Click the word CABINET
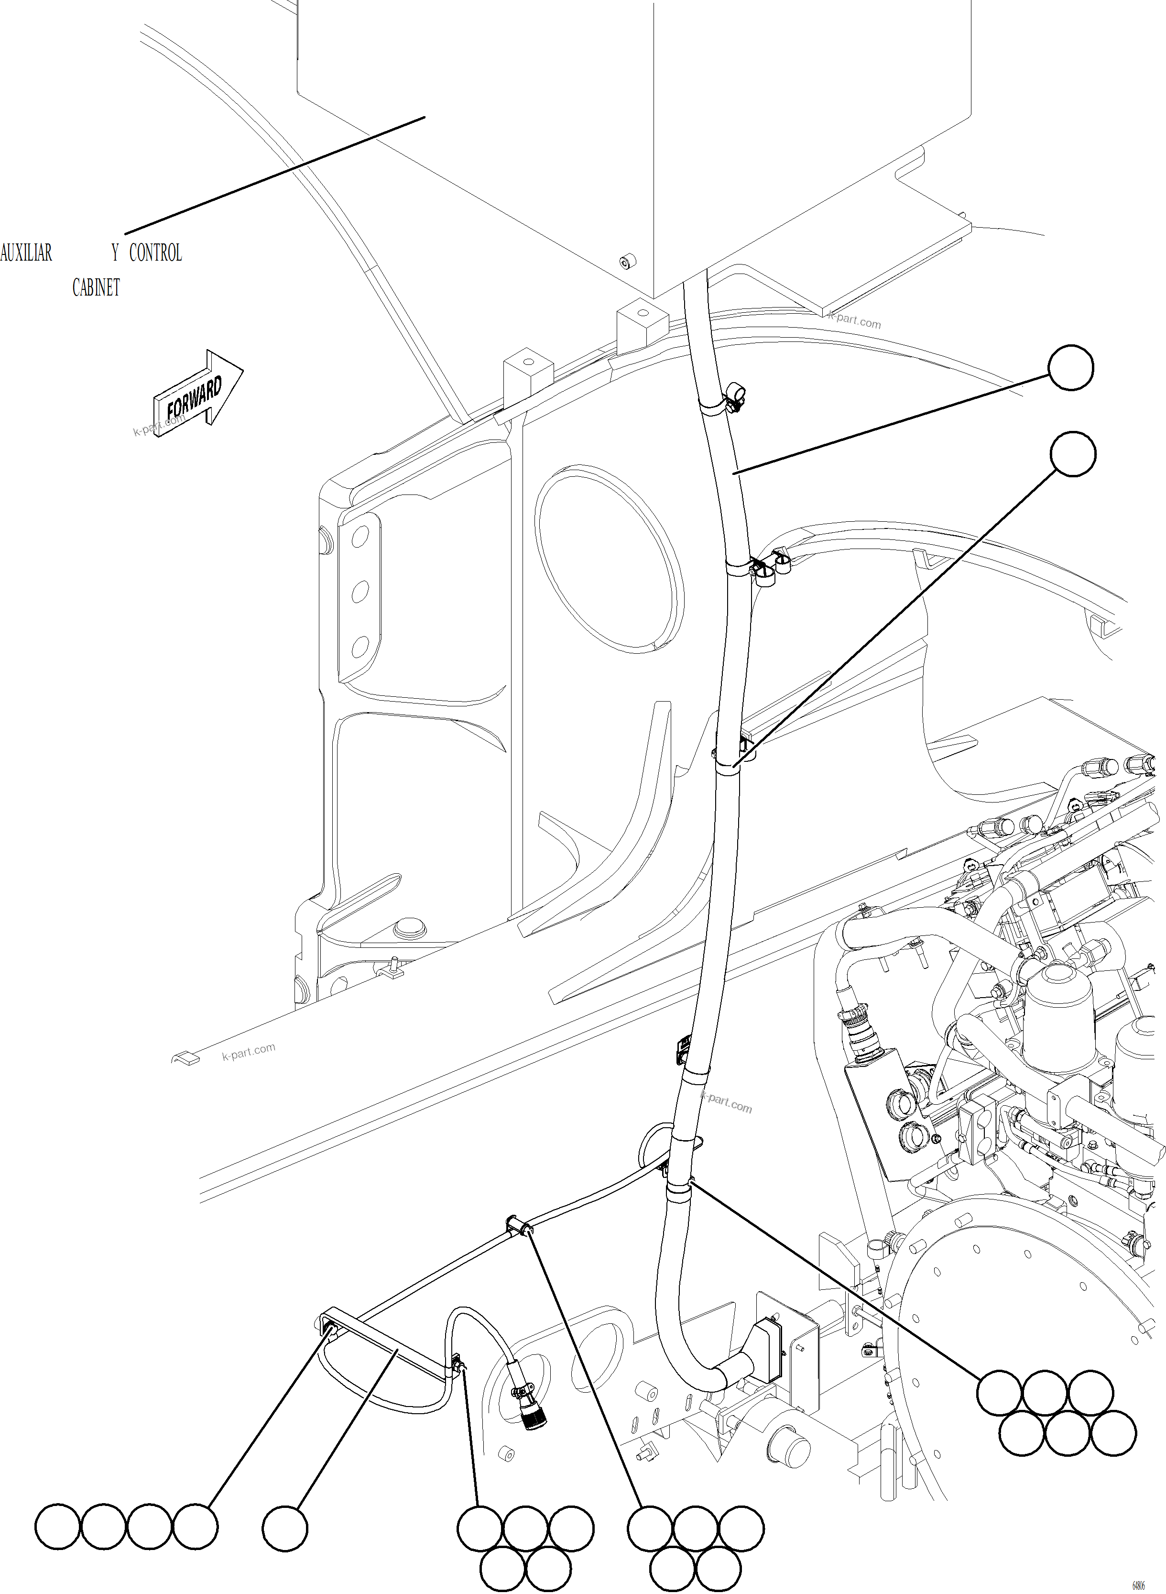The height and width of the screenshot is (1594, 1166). pyautogui.click(x=96, y=288)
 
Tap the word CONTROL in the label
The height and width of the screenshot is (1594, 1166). pyautogui.click(x=155, y=253)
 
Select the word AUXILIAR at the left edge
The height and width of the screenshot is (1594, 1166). pyautogui.click(x=26, y=253)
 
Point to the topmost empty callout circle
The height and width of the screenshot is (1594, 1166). pyautogui.click(x=1071, y=368)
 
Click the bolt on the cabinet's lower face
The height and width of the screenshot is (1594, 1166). pyautogui.click(x=625, y=263)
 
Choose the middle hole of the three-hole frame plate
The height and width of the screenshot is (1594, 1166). pyautogui.click(x=360, y=590)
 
